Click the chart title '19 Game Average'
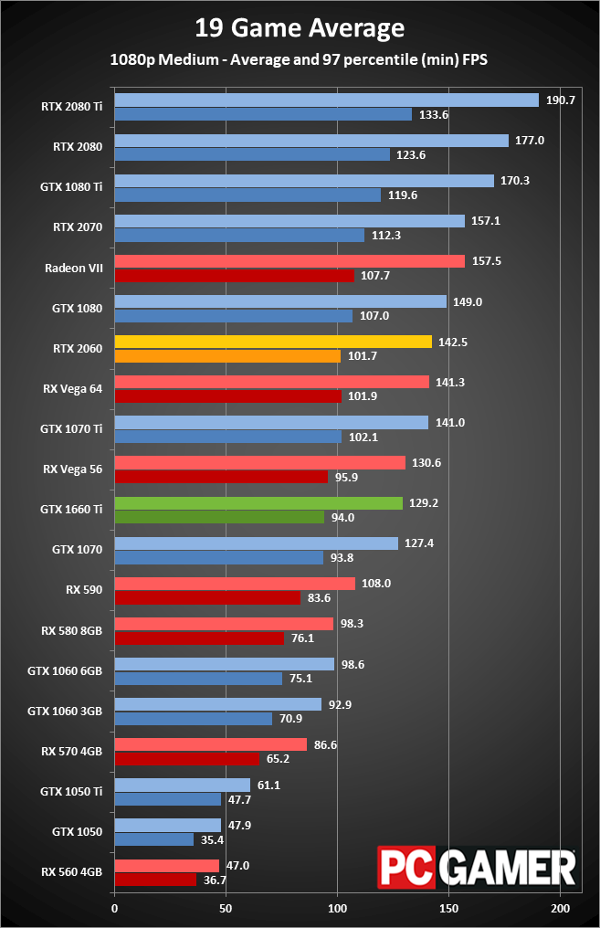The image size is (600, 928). coord(300,28)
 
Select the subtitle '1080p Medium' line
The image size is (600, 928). coord(300,59)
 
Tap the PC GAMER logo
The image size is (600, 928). coord(477,867)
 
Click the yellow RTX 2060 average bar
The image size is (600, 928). coord(272,342)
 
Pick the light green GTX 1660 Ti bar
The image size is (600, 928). coord(258,503)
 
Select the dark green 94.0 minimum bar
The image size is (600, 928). coord(219,517)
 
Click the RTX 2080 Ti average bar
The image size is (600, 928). coord(326,100)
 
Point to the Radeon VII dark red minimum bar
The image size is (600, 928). coord(234,275)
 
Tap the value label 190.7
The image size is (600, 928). coord(560,100)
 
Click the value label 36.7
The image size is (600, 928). coord(215,880)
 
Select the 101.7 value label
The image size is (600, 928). coord(361,355)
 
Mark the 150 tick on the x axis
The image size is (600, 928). coord(448,909)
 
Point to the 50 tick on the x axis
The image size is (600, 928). coord(226,909)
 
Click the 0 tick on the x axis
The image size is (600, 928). coord(114,909)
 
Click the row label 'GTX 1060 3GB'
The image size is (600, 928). coord(65,710)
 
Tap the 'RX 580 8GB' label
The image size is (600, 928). coord(70,629)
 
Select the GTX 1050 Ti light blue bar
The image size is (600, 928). coord(182,786)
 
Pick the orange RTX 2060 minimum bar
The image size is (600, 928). coord(227,355)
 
